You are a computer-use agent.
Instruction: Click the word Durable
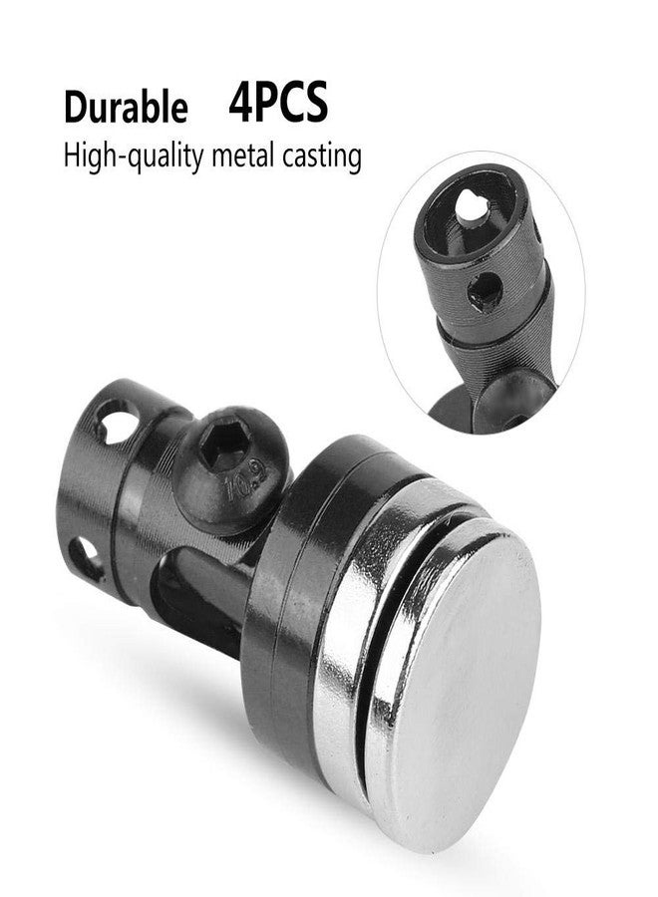click(126, 107)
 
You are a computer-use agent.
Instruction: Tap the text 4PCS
click(278, 102)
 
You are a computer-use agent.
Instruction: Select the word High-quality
click(134, 155)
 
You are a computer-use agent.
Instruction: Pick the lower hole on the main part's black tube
click(86, 558)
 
